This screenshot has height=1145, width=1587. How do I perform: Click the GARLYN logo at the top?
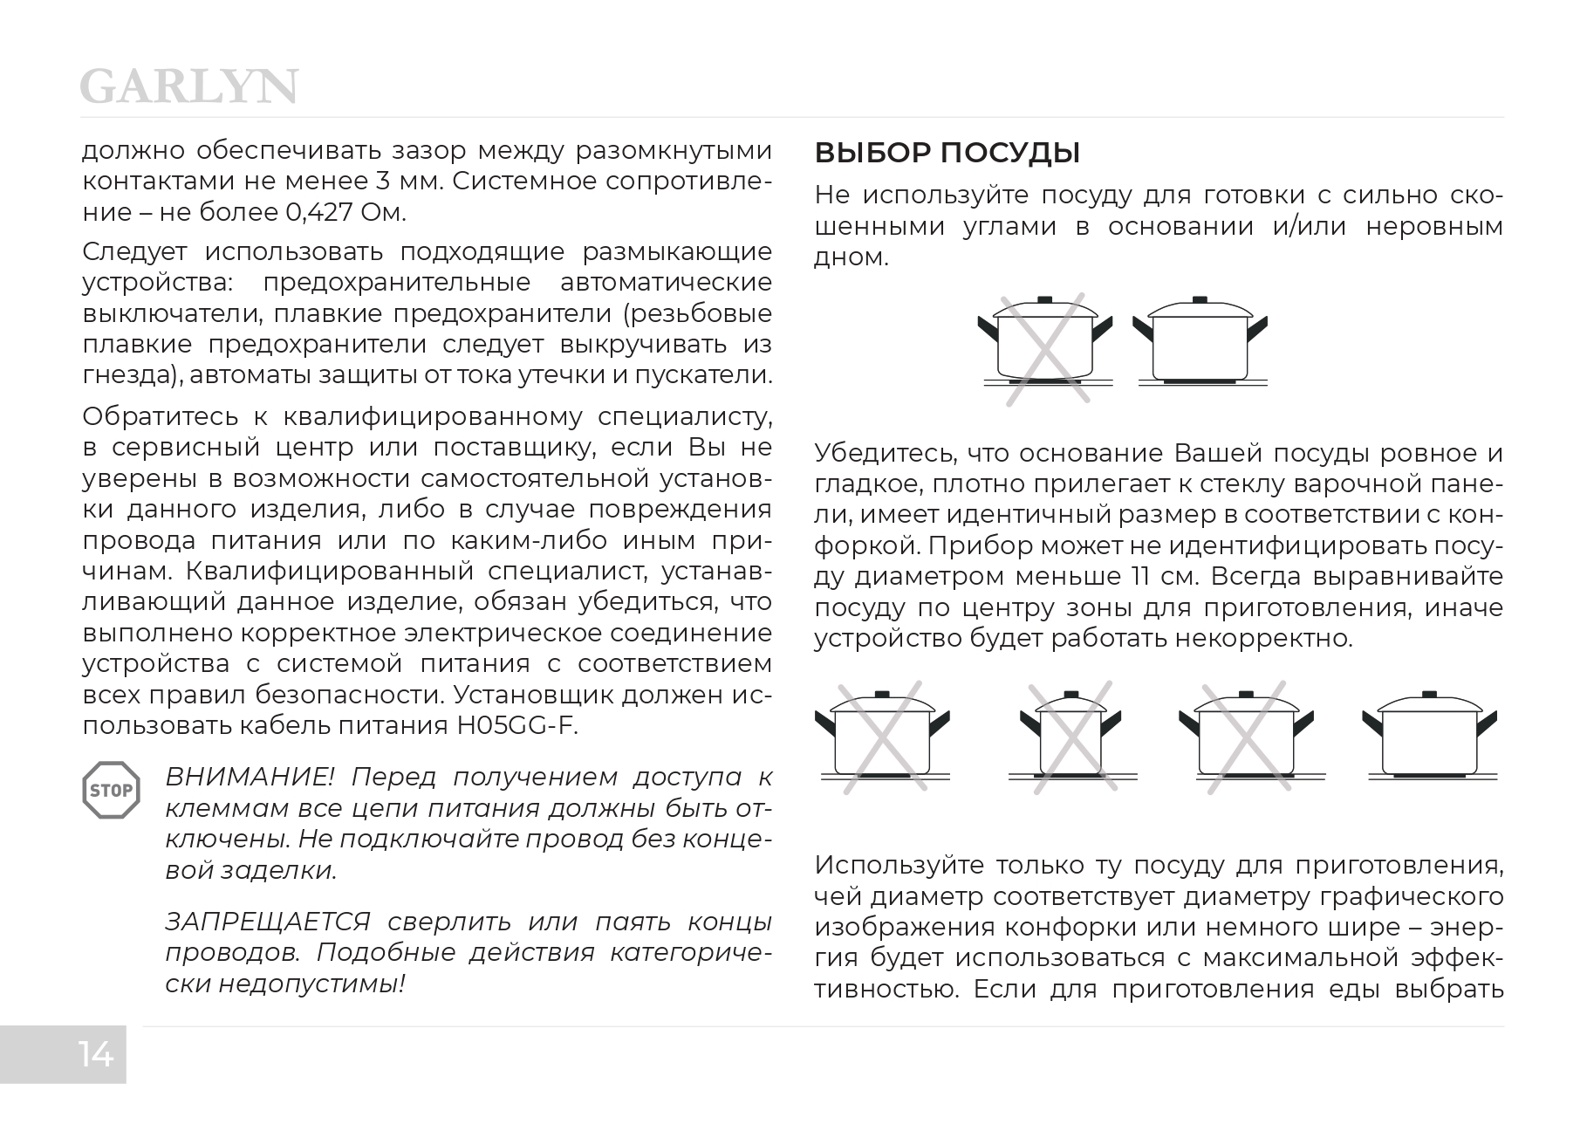click(188, 87)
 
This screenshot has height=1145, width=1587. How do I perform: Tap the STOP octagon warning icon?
click(111, 791)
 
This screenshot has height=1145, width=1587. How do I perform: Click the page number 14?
click(96, 1054)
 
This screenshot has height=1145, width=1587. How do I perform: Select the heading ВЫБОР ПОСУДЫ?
click(947, 154)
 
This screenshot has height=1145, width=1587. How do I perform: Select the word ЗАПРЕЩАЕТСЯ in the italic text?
click(267, 922)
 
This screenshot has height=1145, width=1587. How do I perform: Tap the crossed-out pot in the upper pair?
click(1045, 347)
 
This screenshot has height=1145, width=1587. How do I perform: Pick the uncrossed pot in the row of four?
click(1428, 737)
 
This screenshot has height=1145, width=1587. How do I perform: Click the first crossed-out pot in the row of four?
click(882, 737)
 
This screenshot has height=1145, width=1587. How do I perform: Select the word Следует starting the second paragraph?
click(134, 251)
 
